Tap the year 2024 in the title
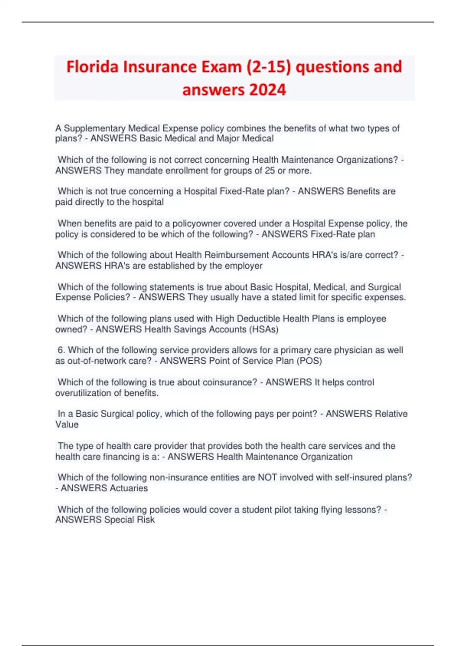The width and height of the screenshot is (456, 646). pyautogui.click(x=268, y=90)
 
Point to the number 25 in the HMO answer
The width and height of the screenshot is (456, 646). pyautogui.click(x=270, y=171)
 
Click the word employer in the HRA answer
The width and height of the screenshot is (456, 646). pyautogui.click(x=243, y=266)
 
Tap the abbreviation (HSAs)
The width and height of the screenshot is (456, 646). pyautogui.click(x=264, y=329)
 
